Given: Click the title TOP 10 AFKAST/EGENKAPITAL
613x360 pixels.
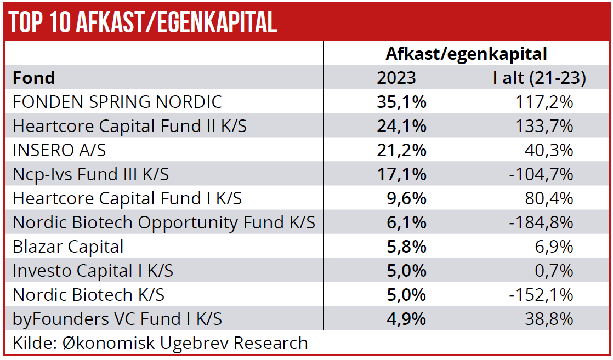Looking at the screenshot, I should [x=143, y=22].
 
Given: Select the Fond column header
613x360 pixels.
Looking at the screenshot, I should [x=34, y=78].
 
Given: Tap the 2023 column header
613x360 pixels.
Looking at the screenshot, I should [x=396, y=78].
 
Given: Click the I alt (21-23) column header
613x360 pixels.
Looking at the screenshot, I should [x=539, y=78].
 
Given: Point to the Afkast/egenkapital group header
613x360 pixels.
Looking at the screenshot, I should [x=466, y=54].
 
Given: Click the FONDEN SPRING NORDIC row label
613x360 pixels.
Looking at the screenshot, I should [x=117, y=102].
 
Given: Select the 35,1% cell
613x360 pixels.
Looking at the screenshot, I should [x=401, y=102].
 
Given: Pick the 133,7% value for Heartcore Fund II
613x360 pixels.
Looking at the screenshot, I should [x=544, y=126].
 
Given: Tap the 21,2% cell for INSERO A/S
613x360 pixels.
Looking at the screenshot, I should [x=401, y=150].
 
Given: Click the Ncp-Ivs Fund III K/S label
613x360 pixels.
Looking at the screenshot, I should [x=90, y=174].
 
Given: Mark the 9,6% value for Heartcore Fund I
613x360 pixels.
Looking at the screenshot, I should [x=406, y=198].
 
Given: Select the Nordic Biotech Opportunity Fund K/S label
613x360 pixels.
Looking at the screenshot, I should [x=164, y=222].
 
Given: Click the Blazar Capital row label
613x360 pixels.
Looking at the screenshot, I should [x=68, y=247].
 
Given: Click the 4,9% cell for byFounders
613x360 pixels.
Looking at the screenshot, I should [x=406, y=319].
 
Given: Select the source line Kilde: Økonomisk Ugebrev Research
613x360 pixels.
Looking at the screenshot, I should [x=160, y=343].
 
